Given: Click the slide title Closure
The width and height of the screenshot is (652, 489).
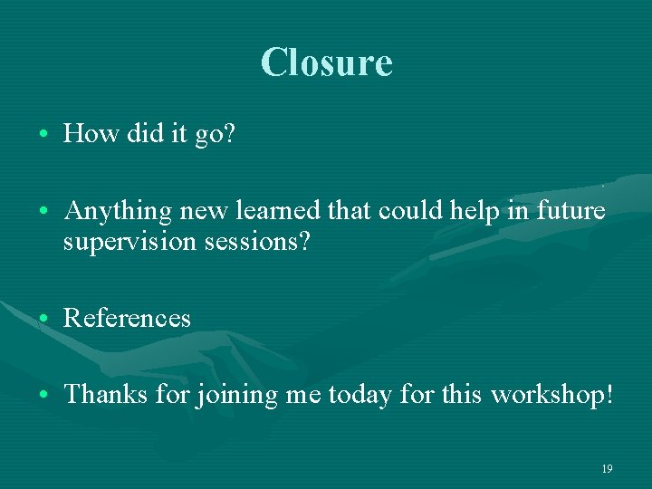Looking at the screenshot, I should (326, 62).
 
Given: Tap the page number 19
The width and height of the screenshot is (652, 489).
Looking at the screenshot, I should (607, 468).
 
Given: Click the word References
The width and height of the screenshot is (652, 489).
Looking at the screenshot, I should (127, 319).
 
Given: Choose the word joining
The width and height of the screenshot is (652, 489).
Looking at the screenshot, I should (235, 396).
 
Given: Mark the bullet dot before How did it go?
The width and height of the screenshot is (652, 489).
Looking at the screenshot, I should (43, 135).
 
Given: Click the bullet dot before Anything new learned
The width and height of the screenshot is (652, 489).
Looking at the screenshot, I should (43, 212).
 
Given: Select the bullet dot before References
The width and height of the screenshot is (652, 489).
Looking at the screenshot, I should (43, 319).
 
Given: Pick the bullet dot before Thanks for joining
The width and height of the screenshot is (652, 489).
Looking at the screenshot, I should (43, 395).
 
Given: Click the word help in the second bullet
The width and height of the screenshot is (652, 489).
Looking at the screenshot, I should (479, 212).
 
